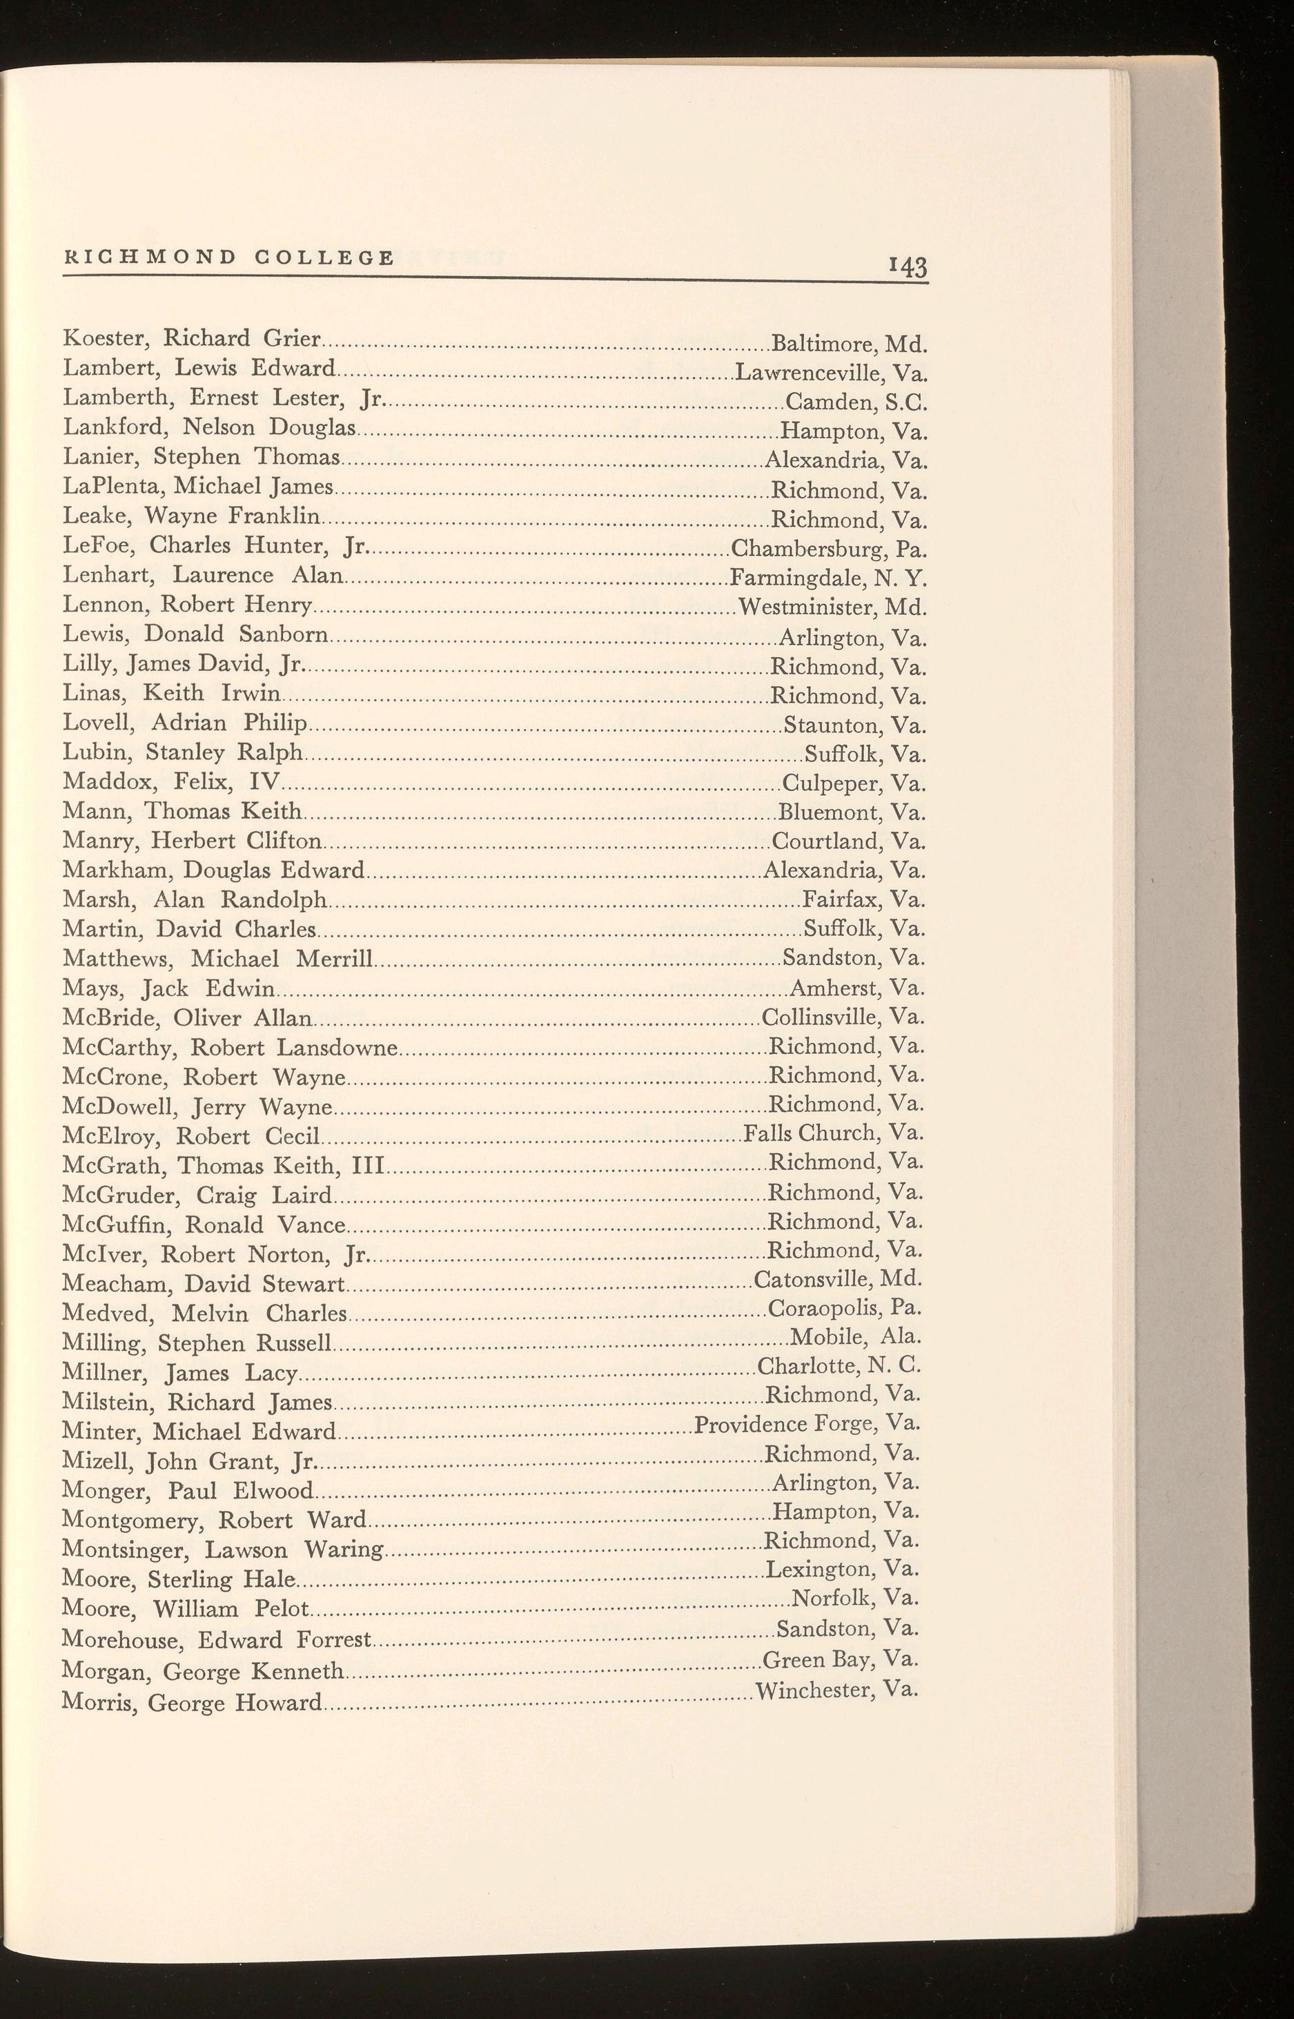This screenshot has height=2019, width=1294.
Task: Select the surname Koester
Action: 108,339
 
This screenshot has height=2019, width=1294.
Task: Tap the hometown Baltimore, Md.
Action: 849,344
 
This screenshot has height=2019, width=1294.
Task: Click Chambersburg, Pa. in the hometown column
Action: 828,550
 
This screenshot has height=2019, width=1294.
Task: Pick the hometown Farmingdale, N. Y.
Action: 828,579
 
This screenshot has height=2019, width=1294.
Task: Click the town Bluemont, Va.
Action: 852,812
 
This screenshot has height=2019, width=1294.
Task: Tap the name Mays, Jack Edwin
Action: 169,989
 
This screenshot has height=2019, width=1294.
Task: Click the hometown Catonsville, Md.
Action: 839,1280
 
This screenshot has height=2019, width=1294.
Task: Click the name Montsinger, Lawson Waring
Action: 223,1550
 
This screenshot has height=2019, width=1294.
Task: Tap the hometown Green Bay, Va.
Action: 841,1659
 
